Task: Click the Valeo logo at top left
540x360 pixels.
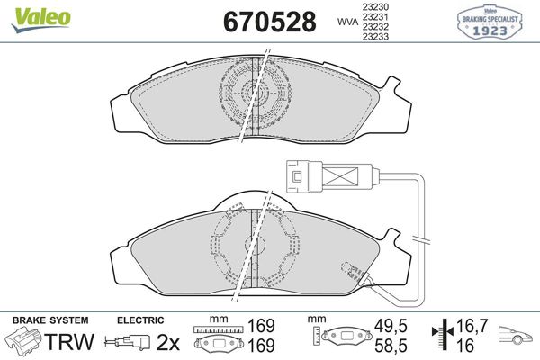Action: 40,19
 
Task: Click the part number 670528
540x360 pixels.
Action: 270,22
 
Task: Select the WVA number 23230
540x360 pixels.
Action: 375,6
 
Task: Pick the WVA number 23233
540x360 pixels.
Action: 375,37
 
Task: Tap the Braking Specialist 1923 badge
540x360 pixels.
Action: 490,22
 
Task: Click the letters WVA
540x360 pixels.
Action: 347,22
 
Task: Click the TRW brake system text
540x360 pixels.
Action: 70,342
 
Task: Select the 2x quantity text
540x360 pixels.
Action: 168,342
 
